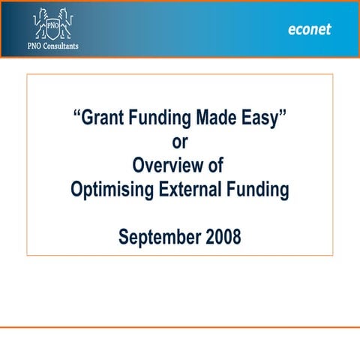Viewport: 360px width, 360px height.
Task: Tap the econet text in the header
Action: (x=309, y=30)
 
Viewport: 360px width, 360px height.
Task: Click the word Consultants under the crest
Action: (x=64, y=45)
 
